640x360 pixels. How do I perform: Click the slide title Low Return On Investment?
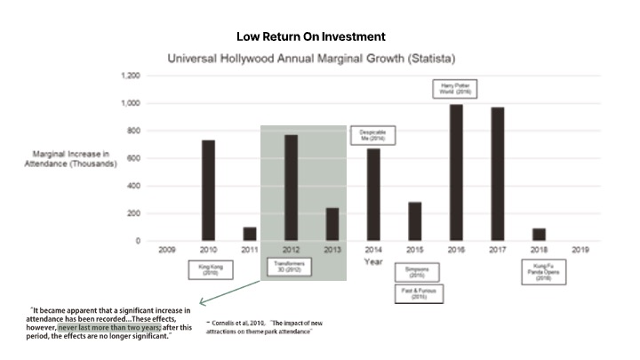pyautogui.click(x=310, y=36)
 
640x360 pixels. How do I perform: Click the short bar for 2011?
pyautogui.click(x=250, y=234)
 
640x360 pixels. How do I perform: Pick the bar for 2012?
pyautogui.click(x=291, y=188)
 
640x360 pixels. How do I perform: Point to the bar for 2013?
pyautogui.click(x=332, y=224)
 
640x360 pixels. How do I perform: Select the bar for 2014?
pyautogui.click(x=373, y=195)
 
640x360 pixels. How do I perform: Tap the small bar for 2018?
pyautogui.click(x=539, y=235)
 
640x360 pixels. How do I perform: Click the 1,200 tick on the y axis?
pyautogui.click(x=130, y=76)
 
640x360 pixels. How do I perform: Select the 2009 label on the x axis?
pyautogui.click(x=166, y=251)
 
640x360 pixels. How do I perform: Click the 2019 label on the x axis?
pyautogui.click(x=580, y=251)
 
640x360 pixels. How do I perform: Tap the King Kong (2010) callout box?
pyautogui.click(x=208, y=268)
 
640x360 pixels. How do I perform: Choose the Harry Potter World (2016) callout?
pyautogui.click(x=456, y=89)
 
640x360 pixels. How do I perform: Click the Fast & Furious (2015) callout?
pyautogui.click(x=414, y=292)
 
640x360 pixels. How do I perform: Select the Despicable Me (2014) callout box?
pyautogui.click(x=372, y=135)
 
